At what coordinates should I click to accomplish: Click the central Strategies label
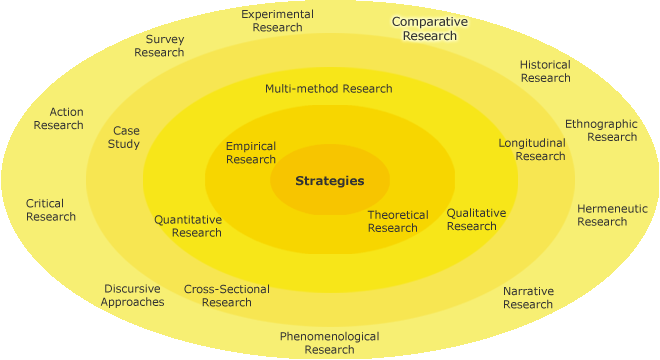click(x=329, y=181)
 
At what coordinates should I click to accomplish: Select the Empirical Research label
click(x=250, y=153)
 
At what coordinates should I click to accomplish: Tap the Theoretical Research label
click(x=397, y=221)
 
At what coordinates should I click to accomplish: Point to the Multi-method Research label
click(x=328, y=88)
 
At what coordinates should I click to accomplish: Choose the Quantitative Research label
click(x=188, y=226)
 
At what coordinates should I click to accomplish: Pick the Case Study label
click(x=126, y=137)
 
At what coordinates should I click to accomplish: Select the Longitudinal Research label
click(x=532, y=149)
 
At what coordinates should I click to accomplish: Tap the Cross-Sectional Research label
click(x=227, y=296)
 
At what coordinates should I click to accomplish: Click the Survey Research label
click(x=158, y=46)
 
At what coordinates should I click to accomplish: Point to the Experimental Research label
click(x=277, y=21)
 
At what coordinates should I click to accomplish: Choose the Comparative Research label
click(x=424, y=28)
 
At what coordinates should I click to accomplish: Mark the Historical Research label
click(x=545, y=71)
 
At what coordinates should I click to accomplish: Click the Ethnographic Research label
click(x=601, y=130)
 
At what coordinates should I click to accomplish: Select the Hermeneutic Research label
click(x=612, y=215)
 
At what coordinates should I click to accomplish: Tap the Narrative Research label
click(x=528, y=298)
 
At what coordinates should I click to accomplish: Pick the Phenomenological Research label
click(x=329, y=343)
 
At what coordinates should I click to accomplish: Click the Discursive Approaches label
click(x=132, y=295)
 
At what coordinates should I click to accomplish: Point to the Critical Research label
click(x=51, y=210)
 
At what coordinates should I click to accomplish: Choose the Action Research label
click(x=58, y=118)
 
